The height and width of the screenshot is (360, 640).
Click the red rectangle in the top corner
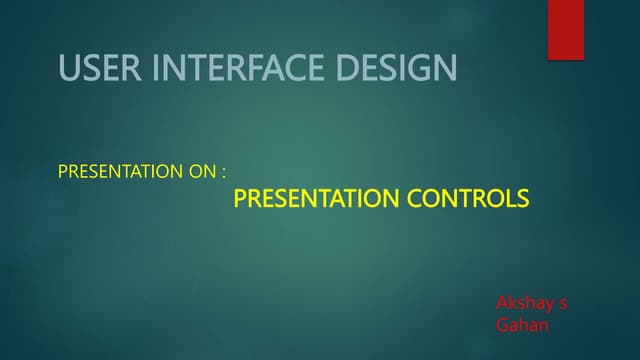click(x=566, y=30)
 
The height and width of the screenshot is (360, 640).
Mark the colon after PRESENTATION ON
click(x=224, y=173)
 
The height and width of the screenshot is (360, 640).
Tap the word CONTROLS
click(x=468, y=200)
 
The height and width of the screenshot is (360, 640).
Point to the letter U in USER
click(x=69, y=68)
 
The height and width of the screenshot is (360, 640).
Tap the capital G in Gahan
click(x=503, y=324)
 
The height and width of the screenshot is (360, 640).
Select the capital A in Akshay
click(x=503, y=302)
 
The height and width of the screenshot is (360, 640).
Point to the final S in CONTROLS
click(x=522, y=200)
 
